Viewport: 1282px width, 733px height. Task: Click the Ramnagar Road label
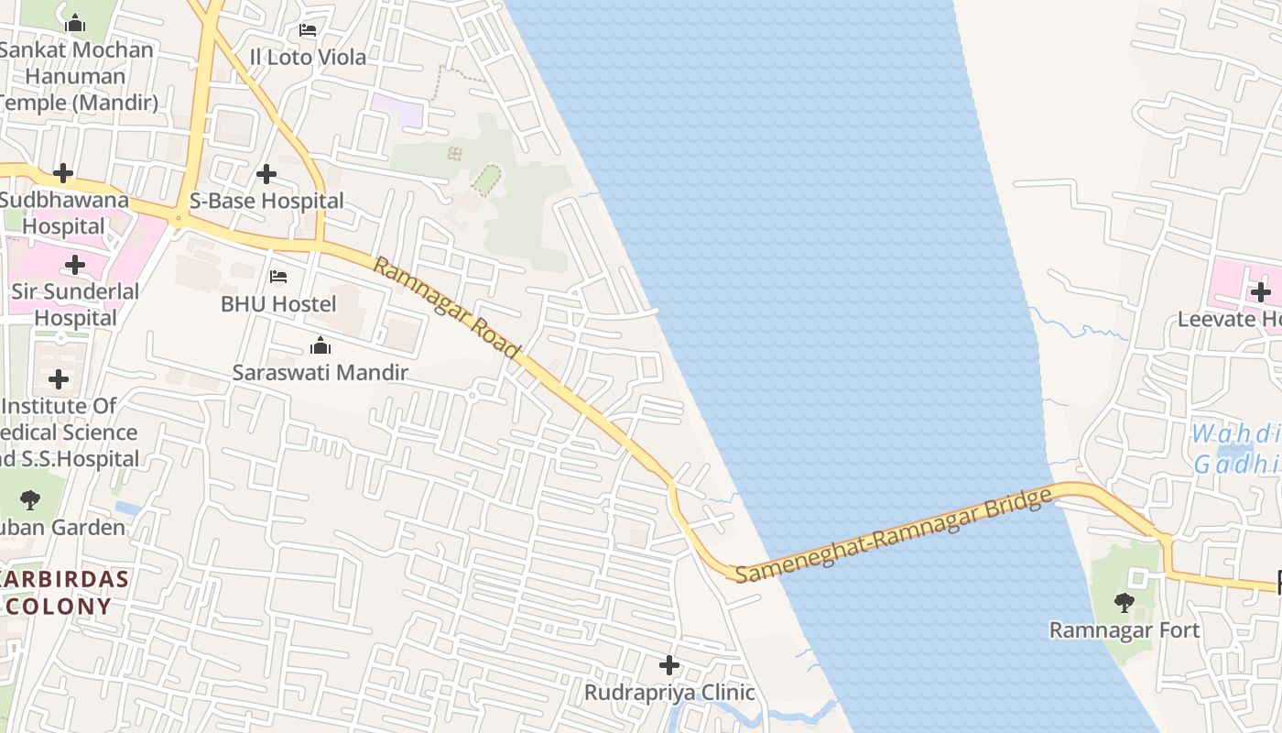[x=447, y=309]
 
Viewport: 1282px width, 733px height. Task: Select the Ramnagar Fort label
[x=1124, y=630]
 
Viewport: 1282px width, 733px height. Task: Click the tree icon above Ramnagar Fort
[x=1124, y=602]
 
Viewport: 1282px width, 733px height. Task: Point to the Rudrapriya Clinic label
[x=669, y=692]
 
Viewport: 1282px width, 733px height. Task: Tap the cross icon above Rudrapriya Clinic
[x=669, y=664]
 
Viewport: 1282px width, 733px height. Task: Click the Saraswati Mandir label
[x=320, y=373]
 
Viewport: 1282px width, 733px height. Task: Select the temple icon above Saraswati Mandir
[x=320, y=345]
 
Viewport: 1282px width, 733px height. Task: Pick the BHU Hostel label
[x=278, y=303]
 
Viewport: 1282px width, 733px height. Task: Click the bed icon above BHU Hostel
[x=278, y=276]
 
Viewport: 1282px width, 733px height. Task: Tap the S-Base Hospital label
[x=266, y=201]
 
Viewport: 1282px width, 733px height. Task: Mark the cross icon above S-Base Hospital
[x=266, y=173]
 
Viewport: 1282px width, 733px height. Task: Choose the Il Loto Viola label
[x=308, y=57]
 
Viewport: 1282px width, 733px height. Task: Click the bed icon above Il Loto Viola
[x=308, y=30]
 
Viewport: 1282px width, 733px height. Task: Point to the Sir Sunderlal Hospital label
[x=75, y=305]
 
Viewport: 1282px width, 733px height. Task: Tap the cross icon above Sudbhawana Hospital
[x=63, y=172]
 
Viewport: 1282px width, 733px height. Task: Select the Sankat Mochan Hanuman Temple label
[x=76, y=76]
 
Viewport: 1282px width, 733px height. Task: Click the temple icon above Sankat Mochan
[x=75, y=23]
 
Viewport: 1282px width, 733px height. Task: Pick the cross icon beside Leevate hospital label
[x=1261, y=292]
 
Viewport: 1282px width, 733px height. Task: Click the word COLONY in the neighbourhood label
[x=59, y=606]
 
